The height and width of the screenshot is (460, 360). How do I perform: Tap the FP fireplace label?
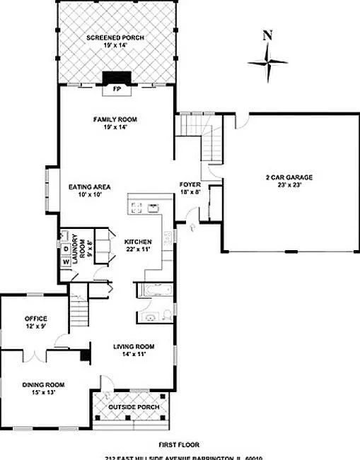116,90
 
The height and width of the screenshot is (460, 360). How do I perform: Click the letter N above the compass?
267,35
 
